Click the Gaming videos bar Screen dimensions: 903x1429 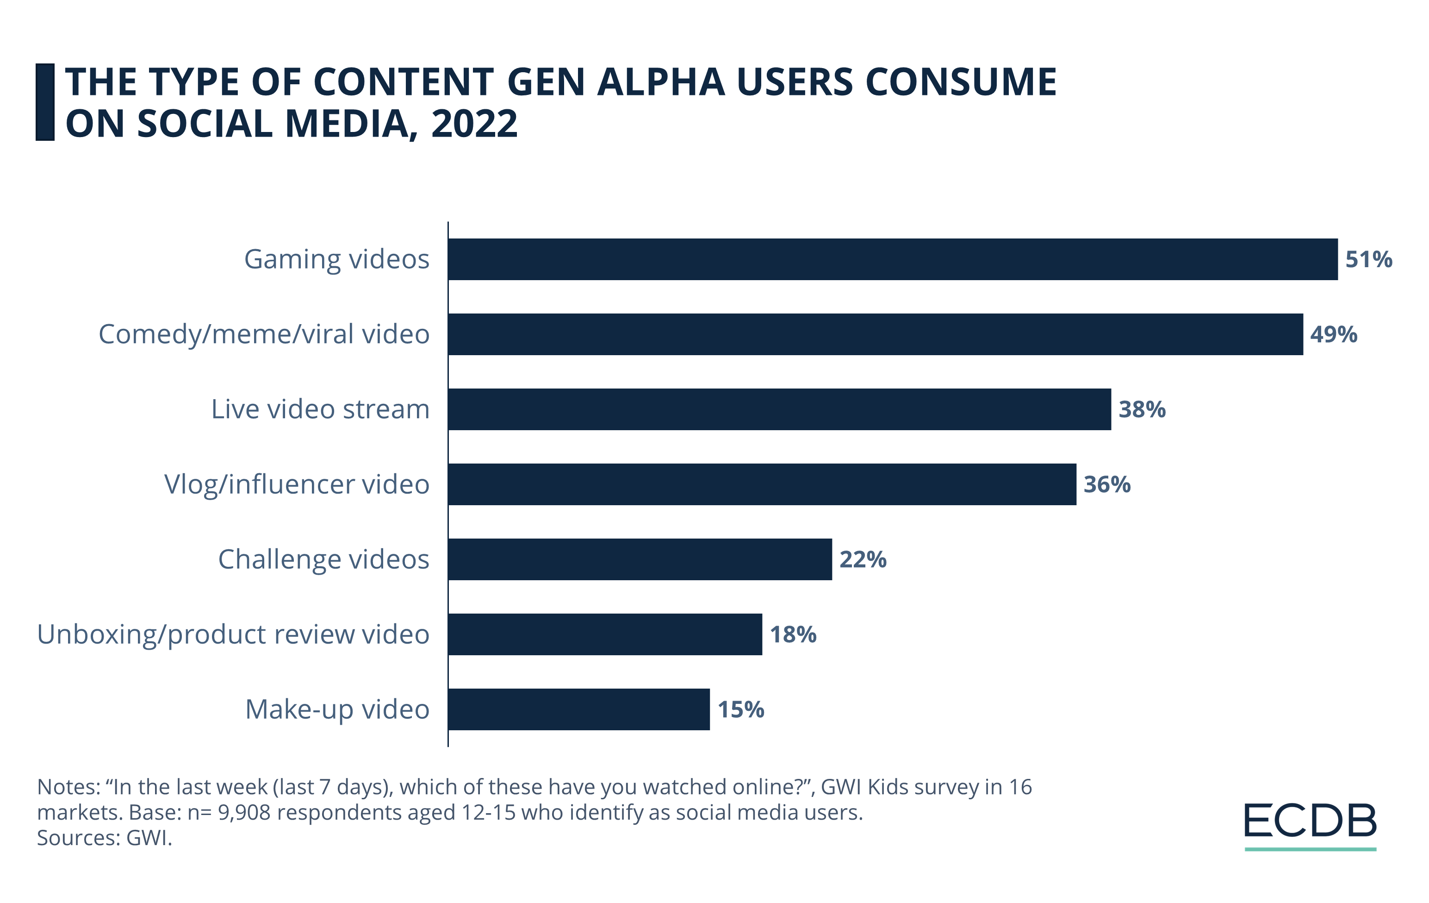point(893,259)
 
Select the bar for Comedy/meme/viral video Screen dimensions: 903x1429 point(876,334)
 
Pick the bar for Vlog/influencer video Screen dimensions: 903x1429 point(762,484)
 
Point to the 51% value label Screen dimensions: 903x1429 point(1368,259)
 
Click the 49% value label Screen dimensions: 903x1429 point(1334,334)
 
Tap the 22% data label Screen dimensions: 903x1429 point(862,559)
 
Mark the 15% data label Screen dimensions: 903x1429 point(740,709)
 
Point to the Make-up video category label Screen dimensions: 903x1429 point(337,709)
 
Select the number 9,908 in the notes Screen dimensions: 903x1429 point(244,812)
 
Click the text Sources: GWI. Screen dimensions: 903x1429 point(105,838)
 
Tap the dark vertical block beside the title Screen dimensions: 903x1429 point(45,102)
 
